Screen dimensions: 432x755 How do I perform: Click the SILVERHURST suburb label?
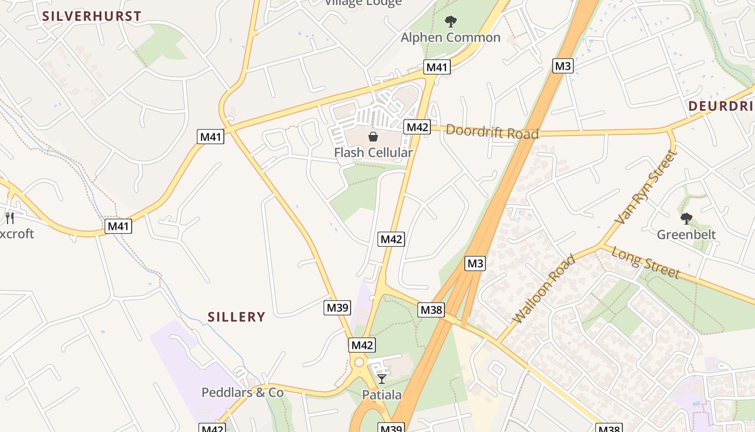(x=92, y=16)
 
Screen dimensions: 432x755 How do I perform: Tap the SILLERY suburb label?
(x=237, y=317)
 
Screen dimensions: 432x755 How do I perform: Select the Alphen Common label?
(x=450, y=38)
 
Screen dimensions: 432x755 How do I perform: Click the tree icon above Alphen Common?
(x=450, y=22)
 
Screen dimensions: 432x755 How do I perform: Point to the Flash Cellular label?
(x=373, y=153)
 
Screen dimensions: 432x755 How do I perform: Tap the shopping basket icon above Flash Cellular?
(x=373, y=137)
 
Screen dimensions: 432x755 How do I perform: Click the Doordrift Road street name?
(x=492, y=132)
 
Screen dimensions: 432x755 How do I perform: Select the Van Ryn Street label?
(x=646, y=187)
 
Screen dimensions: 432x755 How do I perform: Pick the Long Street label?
(x=646, y=263)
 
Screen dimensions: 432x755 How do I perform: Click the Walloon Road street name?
(x=544, y=289)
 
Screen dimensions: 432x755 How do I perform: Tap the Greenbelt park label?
(x=686, y=234)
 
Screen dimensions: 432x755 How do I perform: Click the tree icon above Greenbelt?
(x=686, y=219)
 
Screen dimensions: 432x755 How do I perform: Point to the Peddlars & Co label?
(x=242, y=393)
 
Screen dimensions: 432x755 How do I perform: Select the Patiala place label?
(x=382, y=395)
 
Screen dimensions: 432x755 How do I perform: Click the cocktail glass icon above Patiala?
(x=382, y=379)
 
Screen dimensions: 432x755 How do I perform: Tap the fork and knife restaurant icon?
(x=10, y=218)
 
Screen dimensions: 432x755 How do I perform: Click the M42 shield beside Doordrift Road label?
(x=417, y=127)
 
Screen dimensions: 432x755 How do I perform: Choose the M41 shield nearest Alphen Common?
(x=436, y=67)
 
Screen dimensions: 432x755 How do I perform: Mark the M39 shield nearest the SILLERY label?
(x=338, y=308)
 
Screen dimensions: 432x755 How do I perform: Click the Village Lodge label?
(x=363, y=3)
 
